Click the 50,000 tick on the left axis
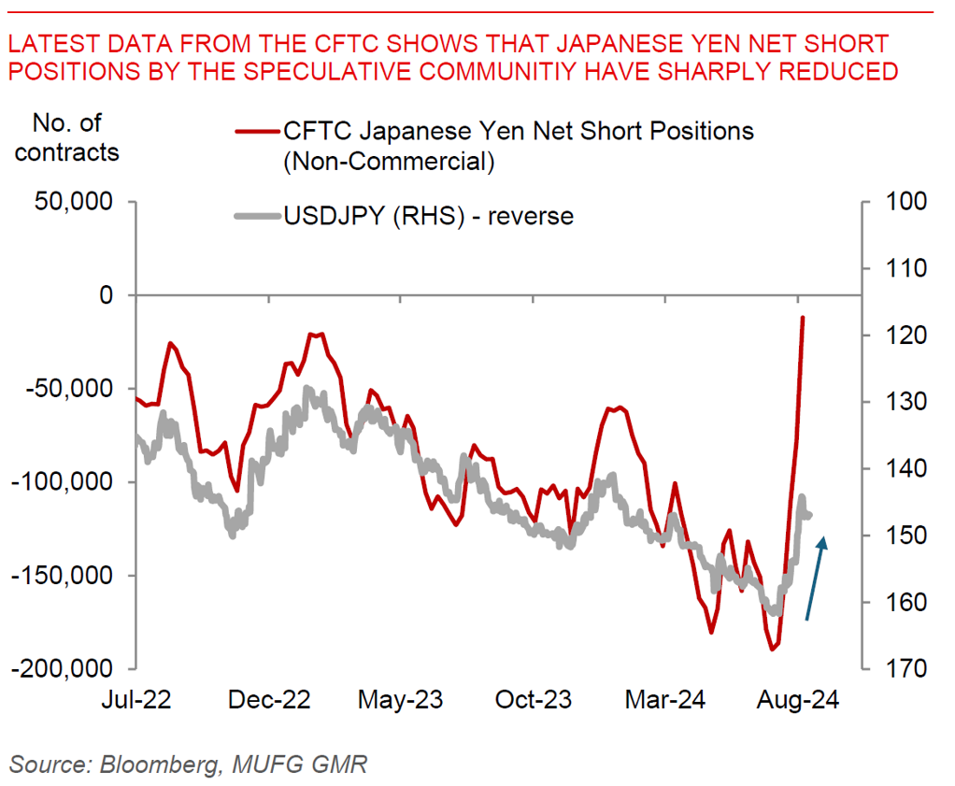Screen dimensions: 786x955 (73, 202)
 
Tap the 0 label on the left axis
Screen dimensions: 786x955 (105, 295)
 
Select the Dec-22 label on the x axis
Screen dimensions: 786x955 (271, 700)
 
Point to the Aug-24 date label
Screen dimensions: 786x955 (799, 700)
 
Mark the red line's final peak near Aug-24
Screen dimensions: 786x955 (803, 318)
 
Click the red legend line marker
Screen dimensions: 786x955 (254, 132)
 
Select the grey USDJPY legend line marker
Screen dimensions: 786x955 (254, 217)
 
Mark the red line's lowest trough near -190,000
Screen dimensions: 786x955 (773, 649)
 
